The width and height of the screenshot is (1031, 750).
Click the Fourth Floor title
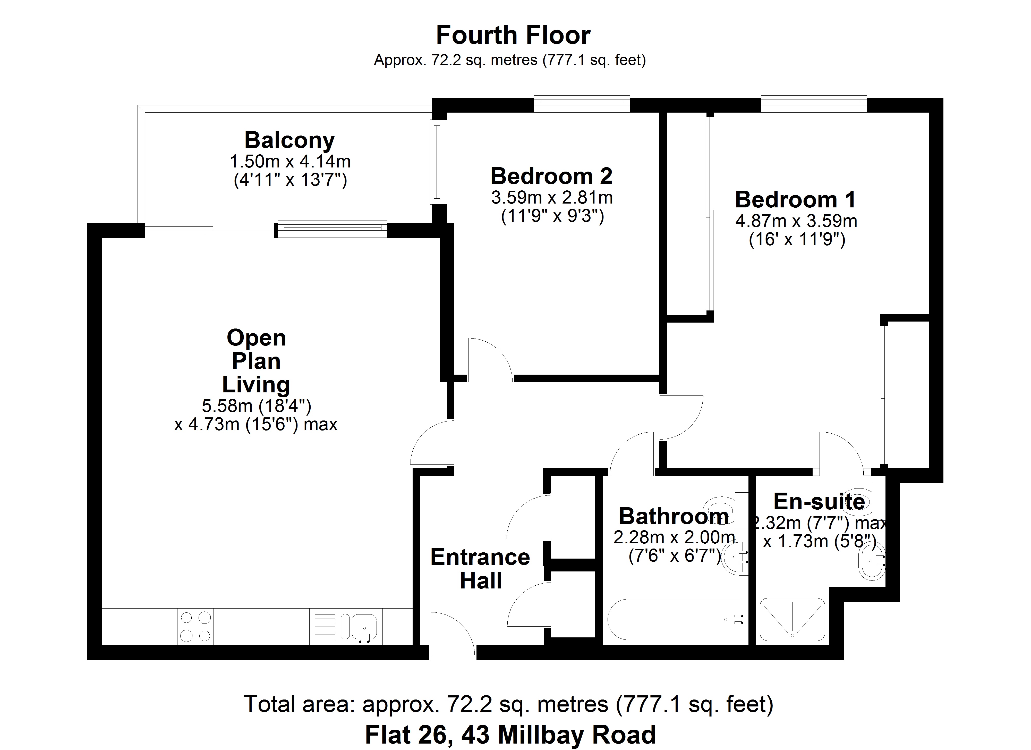click(513, 36)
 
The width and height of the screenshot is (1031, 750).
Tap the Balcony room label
click(289, 140)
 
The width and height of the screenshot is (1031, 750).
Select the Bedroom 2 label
click(551, 176)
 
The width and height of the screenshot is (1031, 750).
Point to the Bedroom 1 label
click(796, 200)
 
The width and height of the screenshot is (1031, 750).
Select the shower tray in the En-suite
click(792, 619)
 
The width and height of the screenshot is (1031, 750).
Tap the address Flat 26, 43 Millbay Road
click(510, 735)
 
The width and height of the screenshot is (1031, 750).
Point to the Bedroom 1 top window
click(814, 103)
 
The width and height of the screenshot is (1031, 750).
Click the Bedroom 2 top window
click(582, 103)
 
